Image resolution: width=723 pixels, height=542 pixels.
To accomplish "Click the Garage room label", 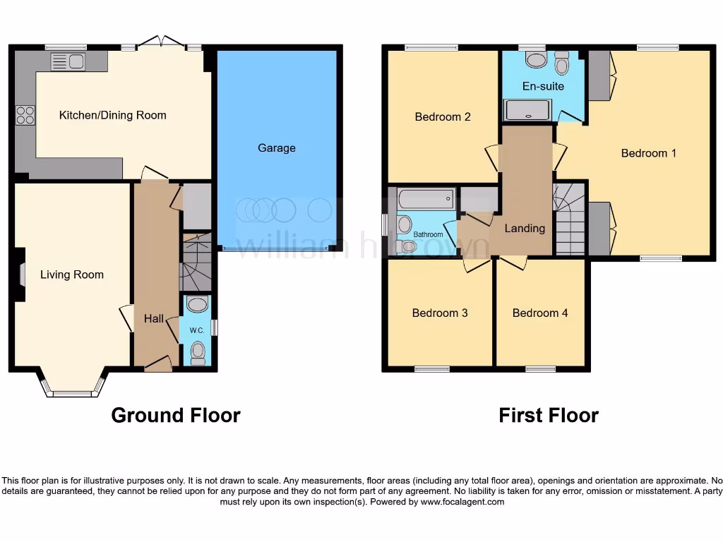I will pos(276,148).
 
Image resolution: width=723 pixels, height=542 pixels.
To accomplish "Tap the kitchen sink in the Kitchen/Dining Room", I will pos(68,62).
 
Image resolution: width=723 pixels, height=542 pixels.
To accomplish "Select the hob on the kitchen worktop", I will pos(25,114).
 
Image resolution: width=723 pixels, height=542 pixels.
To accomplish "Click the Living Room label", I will pos(71,275).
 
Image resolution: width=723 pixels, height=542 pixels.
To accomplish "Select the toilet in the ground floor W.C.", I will pos(198,351).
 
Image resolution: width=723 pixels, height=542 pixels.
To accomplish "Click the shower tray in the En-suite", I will pos(527,109).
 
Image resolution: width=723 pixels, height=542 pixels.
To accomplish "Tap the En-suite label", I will pos(543,86).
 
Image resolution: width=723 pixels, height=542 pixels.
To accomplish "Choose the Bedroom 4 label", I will pos(540,313).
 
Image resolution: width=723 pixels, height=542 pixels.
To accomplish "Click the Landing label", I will pos(525,228).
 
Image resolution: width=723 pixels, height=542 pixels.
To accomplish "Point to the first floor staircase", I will pos(569,219).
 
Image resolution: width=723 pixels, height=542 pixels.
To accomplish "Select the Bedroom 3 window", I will pos(431,368).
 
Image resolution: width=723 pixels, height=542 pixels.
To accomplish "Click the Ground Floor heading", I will pos(176,416).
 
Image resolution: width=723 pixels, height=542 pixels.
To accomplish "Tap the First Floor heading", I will pos(549,416).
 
